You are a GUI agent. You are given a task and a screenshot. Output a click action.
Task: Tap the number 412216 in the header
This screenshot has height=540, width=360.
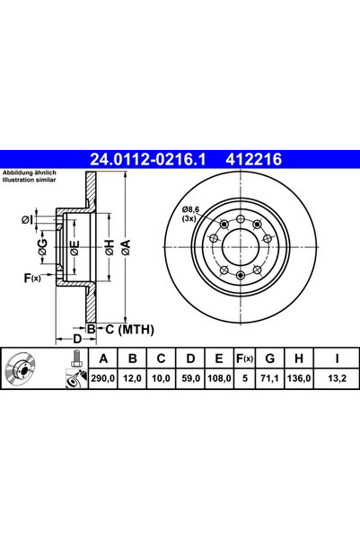(257, 160)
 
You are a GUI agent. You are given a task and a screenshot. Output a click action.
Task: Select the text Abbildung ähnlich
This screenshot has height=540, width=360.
(31, 173)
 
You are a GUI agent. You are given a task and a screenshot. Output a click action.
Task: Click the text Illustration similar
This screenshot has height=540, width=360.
(30, 181)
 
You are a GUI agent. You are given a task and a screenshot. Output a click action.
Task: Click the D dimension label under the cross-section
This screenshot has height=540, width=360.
(78, 339)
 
